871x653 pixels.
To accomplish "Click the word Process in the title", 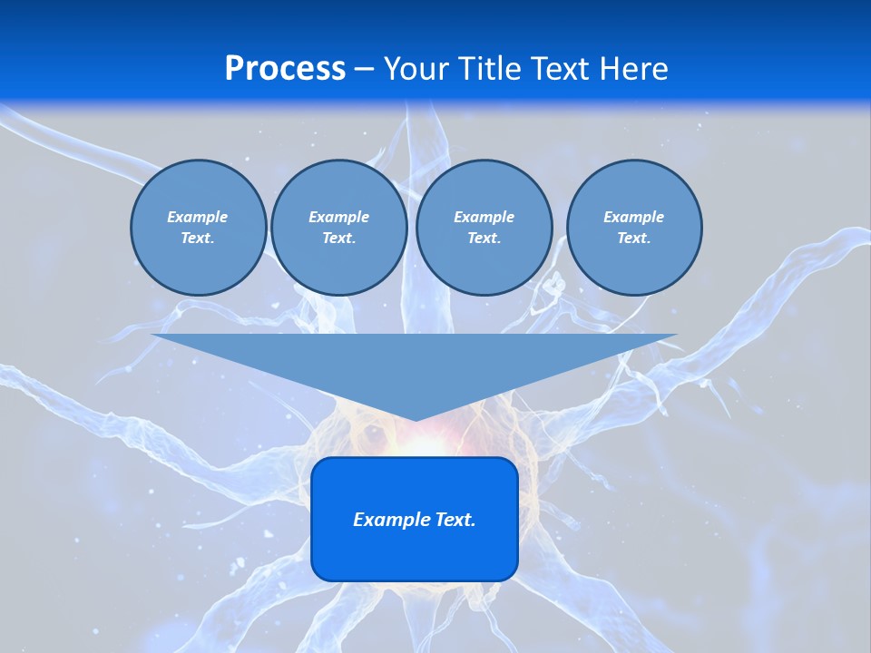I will (285, 69).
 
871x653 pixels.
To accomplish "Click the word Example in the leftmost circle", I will (198, 217).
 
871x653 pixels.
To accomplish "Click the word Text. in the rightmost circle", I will (633, 238).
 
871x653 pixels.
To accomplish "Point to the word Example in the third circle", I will (484, 217).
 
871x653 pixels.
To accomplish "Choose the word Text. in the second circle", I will (338, 238).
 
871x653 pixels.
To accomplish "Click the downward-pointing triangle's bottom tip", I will (415, 419).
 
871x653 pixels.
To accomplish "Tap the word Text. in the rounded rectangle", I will (455, 520).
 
